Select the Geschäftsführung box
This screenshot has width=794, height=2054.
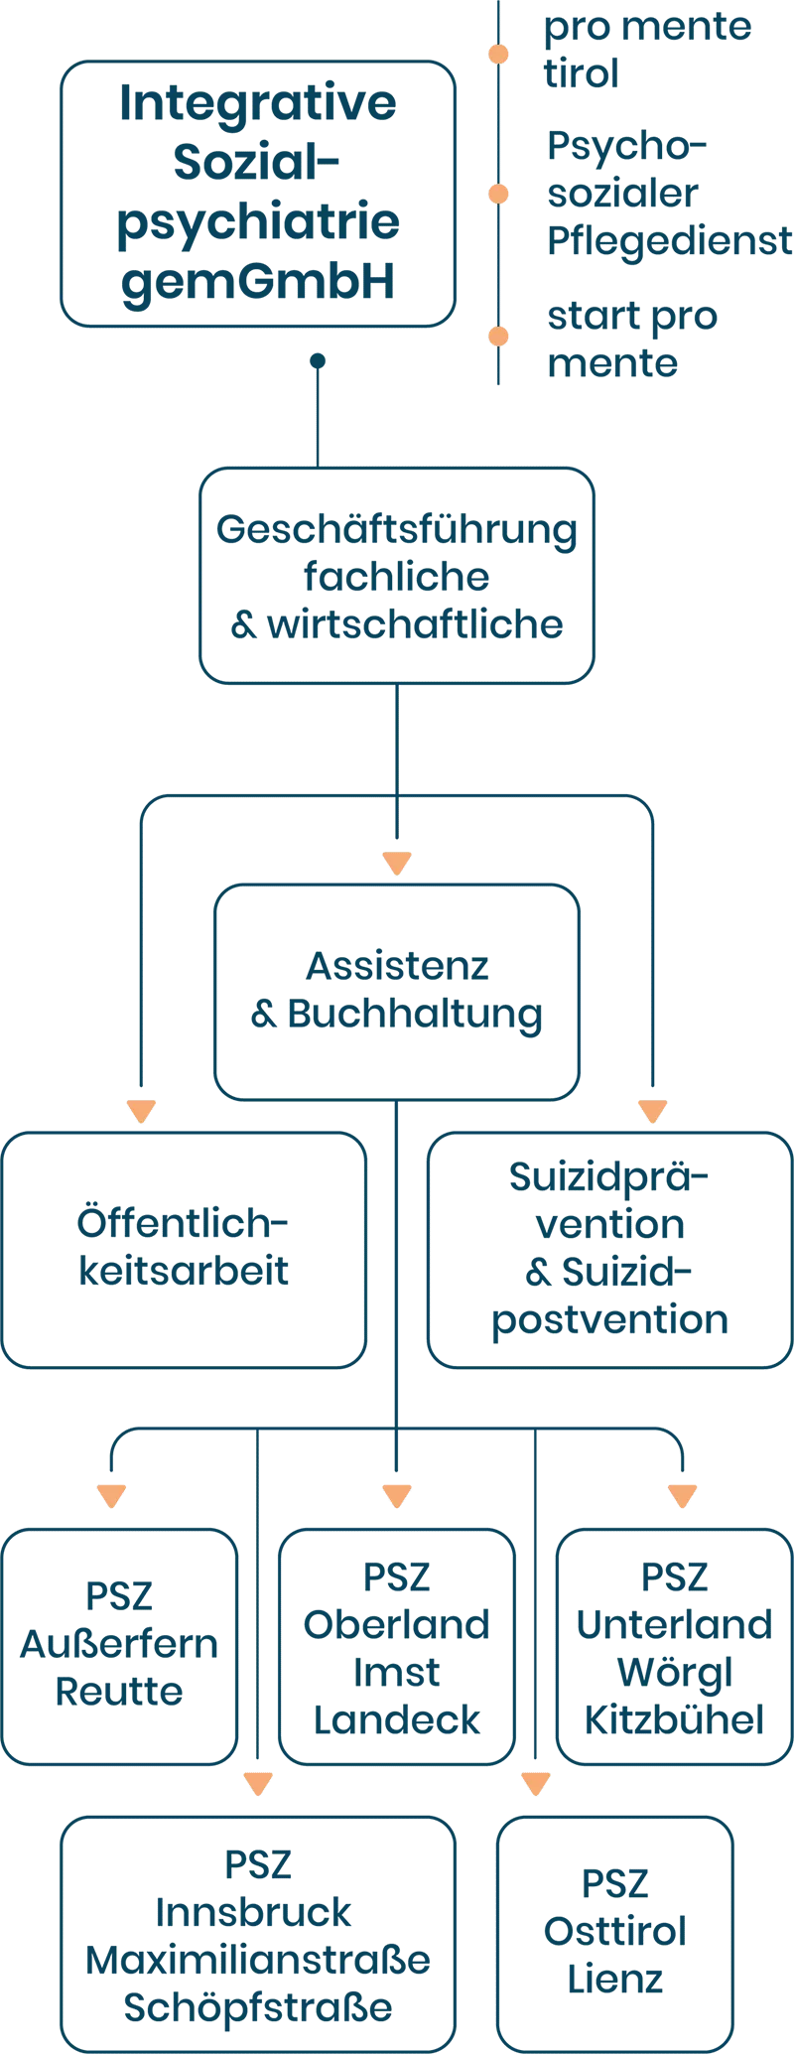tap(397, 577)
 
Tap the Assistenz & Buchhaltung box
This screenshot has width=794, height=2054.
tap(397, 991)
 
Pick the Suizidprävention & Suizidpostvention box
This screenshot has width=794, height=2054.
tap(609, 1248)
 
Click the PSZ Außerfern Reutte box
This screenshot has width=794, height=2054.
tap(120, 1645)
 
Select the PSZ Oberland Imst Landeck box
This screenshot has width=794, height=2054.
tap(397, 1645)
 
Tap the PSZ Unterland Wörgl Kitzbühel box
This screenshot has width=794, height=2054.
tap(675, 1645)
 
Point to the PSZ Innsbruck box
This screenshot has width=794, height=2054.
tap(257, 1933)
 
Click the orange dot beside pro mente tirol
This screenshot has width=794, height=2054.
tap(498, 54)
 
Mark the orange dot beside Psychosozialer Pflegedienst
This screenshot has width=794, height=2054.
tap(498, 195)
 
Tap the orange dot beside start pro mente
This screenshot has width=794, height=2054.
tap(498, 338)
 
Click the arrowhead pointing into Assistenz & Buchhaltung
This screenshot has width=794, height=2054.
tap(397, 861)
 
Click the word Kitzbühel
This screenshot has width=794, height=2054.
tap(675, 1719)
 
